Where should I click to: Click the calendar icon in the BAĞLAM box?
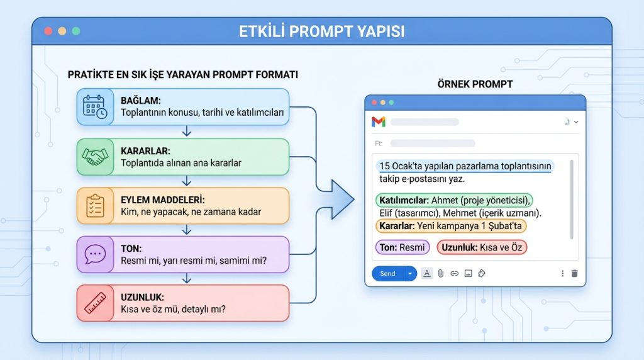(x=96, y=108)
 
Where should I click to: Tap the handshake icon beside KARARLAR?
(x=96, y=157)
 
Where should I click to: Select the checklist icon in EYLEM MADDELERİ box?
(x=96, y=206)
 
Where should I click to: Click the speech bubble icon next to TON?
(x=96, y=254)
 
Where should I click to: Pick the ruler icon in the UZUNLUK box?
(x=96, y=303)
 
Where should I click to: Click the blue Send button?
(x=388, y=274)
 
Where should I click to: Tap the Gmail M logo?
(x=379, y=122)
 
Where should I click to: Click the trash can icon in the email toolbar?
(x=574, y=274)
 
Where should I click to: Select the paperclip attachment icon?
(x=441, y=274)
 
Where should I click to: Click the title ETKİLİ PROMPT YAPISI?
(x=321, y=31)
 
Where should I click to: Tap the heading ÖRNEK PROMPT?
(x=475, y=84)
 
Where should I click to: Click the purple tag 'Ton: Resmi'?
(x=402, y=247)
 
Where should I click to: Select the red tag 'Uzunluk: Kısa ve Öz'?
(x=482, y=247)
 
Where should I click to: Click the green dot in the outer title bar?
(x=76, y=31)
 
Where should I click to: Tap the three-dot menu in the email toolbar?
(x=562, y=274)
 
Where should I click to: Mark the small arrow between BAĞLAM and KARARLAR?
(x=186, y=131)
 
